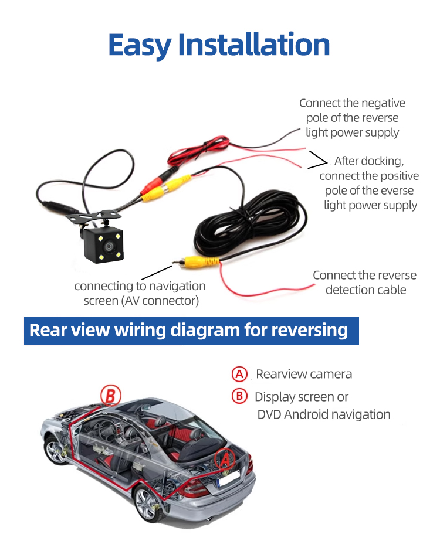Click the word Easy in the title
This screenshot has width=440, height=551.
tap(140, 45)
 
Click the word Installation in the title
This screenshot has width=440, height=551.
tap(254, 44)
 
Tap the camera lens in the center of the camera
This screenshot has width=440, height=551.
tap(109, 246)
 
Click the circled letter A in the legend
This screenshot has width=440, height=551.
tap(239, 374)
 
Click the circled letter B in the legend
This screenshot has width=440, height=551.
tap(239, 396)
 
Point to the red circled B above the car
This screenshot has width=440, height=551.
tap(111, 396)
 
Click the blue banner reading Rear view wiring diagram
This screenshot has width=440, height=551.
tap(191, 331)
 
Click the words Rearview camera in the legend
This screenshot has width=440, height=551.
tap(304, 374)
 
